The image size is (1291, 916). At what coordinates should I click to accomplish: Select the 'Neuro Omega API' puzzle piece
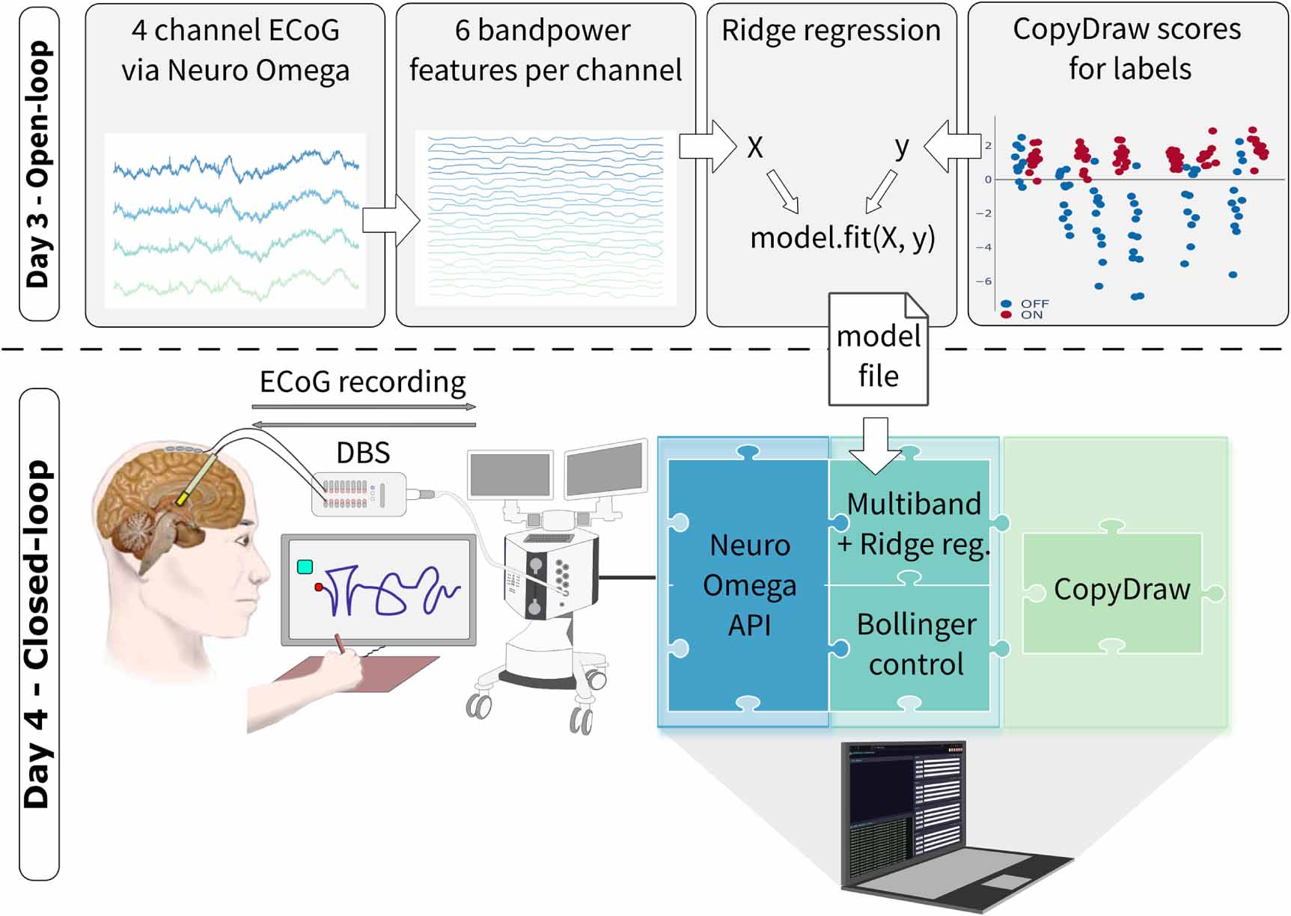click(749, 584)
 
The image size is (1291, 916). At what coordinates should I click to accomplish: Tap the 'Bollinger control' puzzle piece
click(915, 644)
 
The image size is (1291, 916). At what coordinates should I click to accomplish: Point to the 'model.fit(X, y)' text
click(842, 238)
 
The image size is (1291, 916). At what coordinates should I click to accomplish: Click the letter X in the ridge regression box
click(755, 148)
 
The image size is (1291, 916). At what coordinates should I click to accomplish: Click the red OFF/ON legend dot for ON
click(1006, 315)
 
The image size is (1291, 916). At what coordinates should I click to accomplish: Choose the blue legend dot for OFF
click(1006, 304)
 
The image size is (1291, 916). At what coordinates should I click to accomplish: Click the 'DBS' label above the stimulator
click(363, 453)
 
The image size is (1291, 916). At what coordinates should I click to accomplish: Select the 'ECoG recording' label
click(362, 382)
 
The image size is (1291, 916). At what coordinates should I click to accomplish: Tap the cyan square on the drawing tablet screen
click(305, 567)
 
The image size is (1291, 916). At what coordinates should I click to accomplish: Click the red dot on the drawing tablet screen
click(319, 587)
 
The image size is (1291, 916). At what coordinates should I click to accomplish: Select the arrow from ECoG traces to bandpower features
click(391, 221)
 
